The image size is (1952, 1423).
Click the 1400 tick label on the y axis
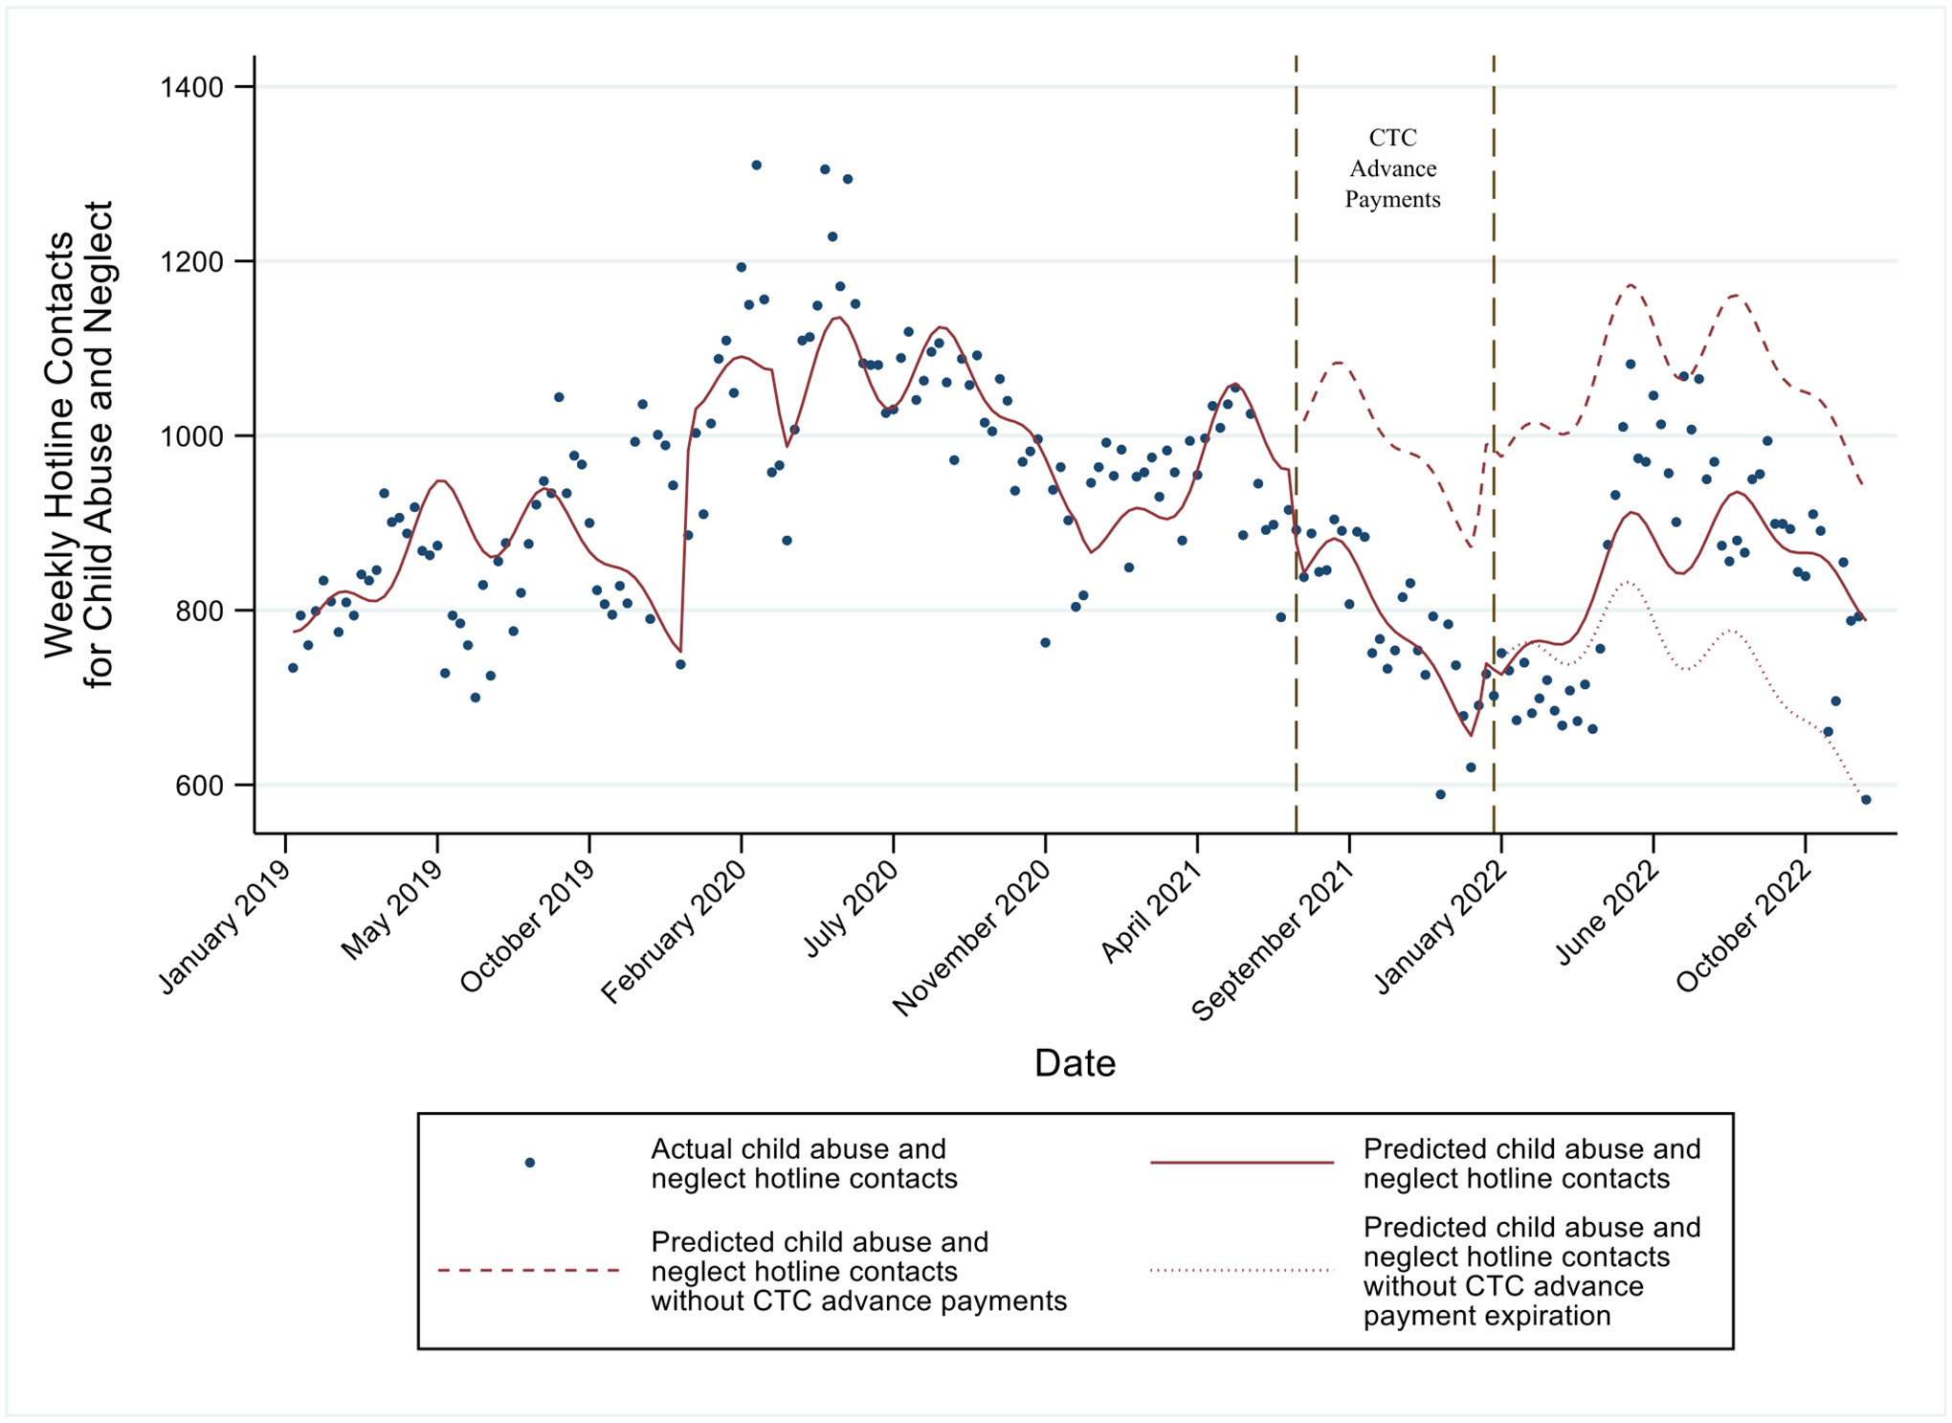[191, 88]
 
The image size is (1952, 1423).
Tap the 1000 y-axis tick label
[191, 436]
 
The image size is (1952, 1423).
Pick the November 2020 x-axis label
[970, 938]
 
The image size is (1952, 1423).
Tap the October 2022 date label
[1743, 927]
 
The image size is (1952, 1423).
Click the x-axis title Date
[1075, 1063]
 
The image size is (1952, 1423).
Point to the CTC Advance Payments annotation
[1392, 168]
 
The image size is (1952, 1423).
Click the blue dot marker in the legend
[529, 1163]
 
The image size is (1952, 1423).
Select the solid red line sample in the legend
[1241, 1163]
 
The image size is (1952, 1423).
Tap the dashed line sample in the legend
[529, 1271]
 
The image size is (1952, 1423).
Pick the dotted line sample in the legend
[1241, 1271]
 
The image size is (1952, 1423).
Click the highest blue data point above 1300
[756, 166]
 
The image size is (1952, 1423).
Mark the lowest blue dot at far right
[1866, 800]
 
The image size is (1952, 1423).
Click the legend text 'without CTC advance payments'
[858, 1301]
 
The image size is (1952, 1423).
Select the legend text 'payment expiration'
[1486, 1316]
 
